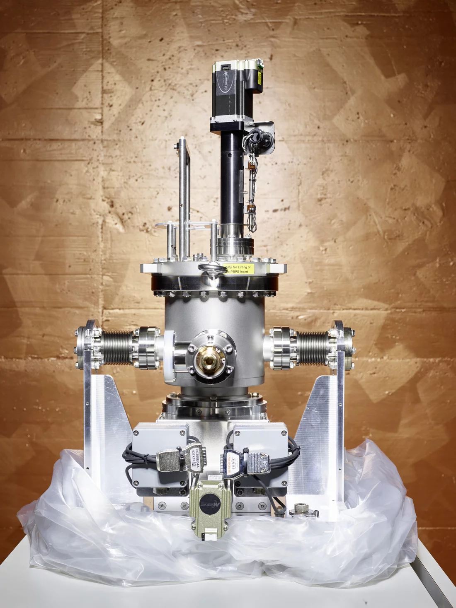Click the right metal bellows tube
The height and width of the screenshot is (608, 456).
point(313,347)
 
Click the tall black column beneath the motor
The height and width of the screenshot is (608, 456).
point(230,178)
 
